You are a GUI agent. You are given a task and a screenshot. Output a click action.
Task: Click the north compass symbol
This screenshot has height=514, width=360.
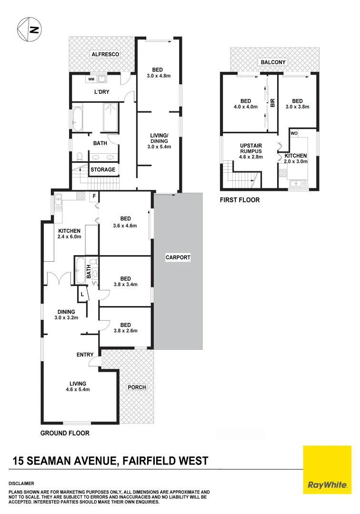tap(29, 30)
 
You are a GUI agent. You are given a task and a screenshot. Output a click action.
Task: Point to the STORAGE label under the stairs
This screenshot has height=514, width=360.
tap(103, 169)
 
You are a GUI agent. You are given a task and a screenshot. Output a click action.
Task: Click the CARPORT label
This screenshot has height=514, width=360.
tap(178, 257)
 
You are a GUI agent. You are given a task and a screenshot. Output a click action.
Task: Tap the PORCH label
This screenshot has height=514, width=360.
tap(137, 387)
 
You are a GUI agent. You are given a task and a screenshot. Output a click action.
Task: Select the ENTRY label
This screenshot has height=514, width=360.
tap(85, 355)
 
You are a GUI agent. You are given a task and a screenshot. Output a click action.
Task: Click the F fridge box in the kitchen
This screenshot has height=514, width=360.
tap(94, 196)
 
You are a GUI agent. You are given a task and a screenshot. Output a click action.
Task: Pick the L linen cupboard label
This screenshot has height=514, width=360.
tap(82, 294)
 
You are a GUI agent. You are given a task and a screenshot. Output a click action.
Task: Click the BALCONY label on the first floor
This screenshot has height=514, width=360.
tap(273, 62)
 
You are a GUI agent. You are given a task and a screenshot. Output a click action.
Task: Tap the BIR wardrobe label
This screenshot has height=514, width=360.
tap(273, 103)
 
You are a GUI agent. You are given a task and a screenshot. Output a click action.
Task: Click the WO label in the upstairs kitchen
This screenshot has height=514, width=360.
tap(294, 133)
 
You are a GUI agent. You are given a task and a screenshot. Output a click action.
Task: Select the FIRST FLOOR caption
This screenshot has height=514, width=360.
tap(240, 200)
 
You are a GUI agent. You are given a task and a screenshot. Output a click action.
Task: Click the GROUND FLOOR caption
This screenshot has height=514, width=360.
tap(65, 433)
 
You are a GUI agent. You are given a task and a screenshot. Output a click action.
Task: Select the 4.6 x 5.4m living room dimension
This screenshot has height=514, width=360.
tap(78, 389)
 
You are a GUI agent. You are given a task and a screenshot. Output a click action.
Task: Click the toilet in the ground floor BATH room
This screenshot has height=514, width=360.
tap(80, 156)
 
